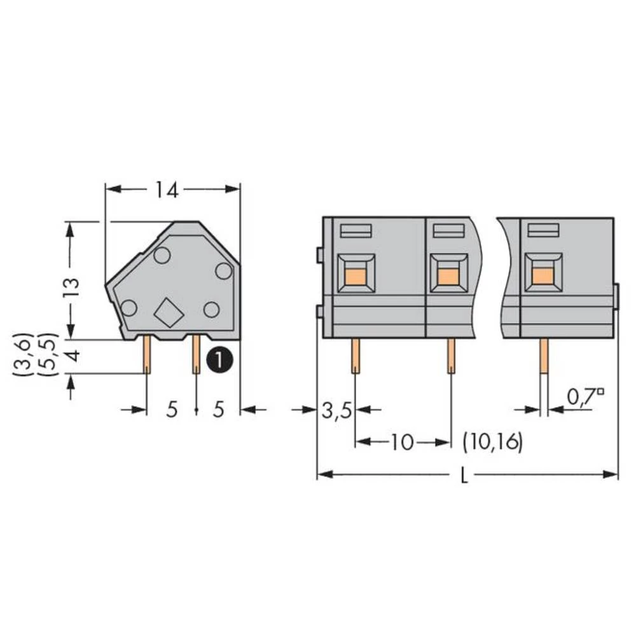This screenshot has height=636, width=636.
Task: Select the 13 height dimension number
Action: click(71, 288)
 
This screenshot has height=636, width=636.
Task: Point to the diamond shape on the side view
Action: click(169, 313)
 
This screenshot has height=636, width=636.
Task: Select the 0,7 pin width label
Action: click(583, 398)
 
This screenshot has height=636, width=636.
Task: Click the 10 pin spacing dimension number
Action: click(402, 442)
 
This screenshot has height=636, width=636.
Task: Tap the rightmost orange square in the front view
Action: click(543, 275)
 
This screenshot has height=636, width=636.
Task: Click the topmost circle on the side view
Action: click(162, 256)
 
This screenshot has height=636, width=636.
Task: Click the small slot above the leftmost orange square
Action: click(356, 231)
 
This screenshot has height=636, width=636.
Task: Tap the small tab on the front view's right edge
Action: click(616, 297)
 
